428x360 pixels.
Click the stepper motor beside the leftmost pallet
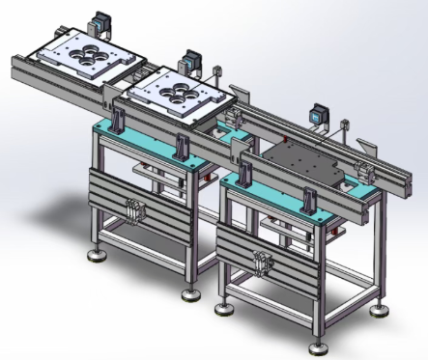pos(100,24)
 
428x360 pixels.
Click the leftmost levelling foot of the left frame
pos(96,257)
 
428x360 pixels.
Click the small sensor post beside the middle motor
pos(217,73)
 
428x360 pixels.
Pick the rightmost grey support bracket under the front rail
pos(308,199)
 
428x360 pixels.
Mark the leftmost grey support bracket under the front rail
pos(119,123)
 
